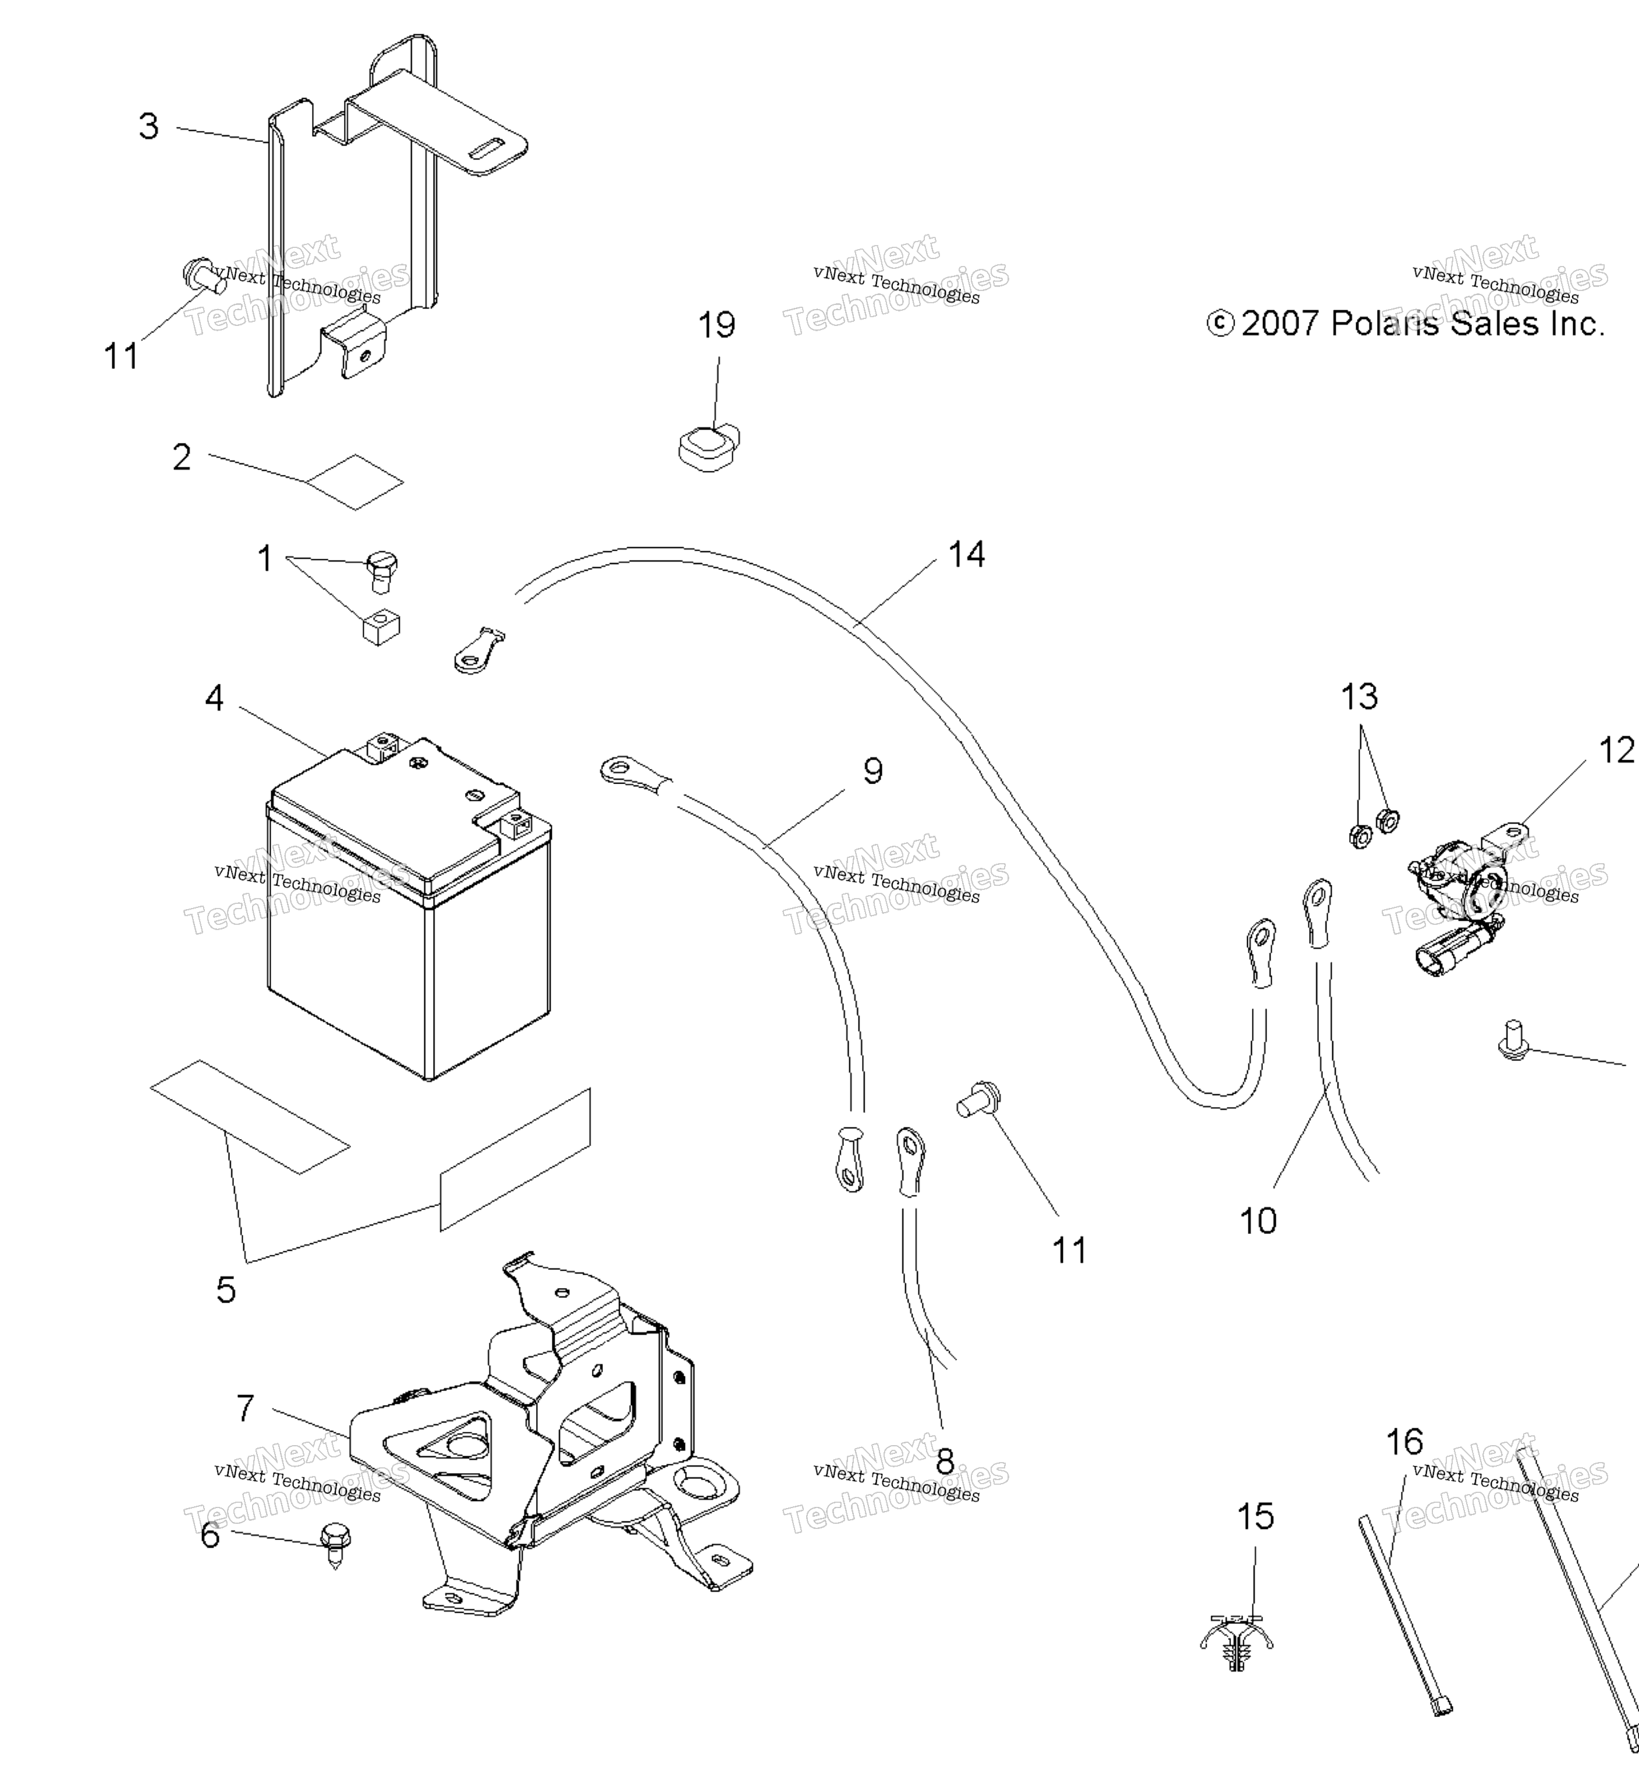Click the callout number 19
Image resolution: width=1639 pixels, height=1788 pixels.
(716, 325)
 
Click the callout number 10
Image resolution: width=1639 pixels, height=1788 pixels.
(1258, 1221)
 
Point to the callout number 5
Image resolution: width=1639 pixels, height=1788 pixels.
(226, 1290)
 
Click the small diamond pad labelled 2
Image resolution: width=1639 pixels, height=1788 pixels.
(355, 483)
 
